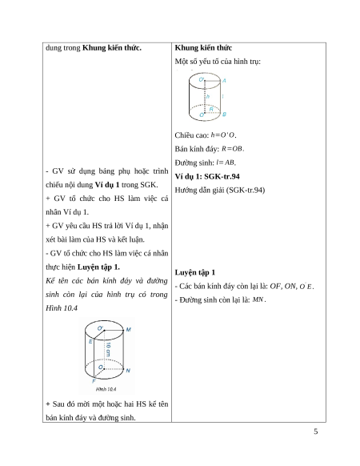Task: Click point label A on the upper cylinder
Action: coord(224,81)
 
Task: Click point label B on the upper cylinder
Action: coord(224,114)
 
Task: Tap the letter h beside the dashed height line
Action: coord(208,96)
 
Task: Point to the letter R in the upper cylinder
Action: coord(211,110)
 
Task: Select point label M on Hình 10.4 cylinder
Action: coord(129,329)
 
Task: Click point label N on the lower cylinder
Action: coord(128,370)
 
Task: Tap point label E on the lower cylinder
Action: coord(90,341)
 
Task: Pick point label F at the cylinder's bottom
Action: coord(94,381)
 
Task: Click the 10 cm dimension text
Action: coord(108,349)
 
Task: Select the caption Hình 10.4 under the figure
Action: coord(106,389)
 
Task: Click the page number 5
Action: coord(316,432)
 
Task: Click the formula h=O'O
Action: coord(223,135)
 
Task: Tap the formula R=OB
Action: coord(233,149)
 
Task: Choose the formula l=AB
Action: coord(226,163)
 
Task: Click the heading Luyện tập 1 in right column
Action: coord(195,272)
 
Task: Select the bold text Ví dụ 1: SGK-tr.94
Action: coord(207,176)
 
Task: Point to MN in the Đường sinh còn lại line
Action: coord(258,299)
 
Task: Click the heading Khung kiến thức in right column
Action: coord(203,48)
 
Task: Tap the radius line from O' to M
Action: coord(114,330)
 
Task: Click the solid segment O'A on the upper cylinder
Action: coord(213,81)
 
